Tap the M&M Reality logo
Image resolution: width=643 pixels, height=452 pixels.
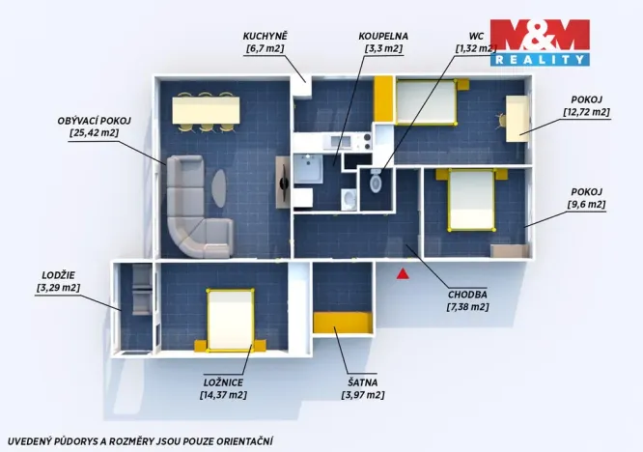click(540, 42)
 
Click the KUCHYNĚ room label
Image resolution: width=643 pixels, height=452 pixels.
click(266, 37)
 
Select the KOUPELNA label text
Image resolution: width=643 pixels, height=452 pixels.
click(385, 37)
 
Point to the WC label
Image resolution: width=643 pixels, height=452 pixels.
click(475, 37)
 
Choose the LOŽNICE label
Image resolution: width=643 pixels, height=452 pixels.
click(222, 381)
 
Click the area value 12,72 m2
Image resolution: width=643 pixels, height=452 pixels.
click(586, 112)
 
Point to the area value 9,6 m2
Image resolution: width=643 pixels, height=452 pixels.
click(586, 204)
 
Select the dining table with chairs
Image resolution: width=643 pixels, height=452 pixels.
click(204, 110)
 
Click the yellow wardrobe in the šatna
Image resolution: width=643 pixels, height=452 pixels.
click(343, 323)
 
